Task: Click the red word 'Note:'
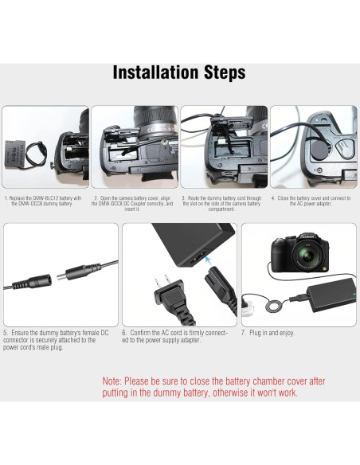click(x=112, y=381)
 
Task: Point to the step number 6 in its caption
click(x=123, y=333)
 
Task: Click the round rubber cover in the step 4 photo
click(x=317, y=150)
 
